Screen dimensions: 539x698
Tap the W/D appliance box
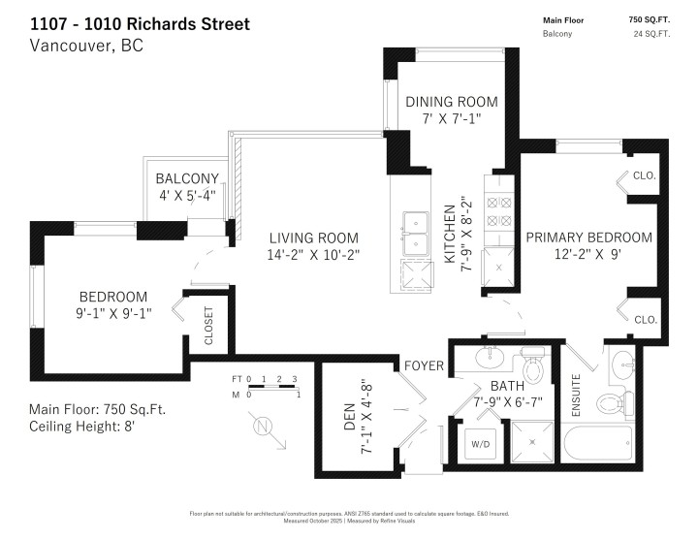click(x=480, y=446)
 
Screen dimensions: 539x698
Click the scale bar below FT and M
click(x=271, y=387)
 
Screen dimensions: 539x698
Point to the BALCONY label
click(x=187, y=178)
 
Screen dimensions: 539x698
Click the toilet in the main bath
click(x=532, y=366)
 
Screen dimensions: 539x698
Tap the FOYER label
click(x=425, y=366)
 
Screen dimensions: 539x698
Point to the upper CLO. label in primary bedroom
click(x=645, y=176)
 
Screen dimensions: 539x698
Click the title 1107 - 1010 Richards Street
click(x=139, y=23)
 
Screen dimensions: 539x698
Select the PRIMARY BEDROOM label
click(x=588, y=238)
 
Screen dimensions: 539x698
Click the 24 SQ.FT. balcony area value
click(x=651, y=34)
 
